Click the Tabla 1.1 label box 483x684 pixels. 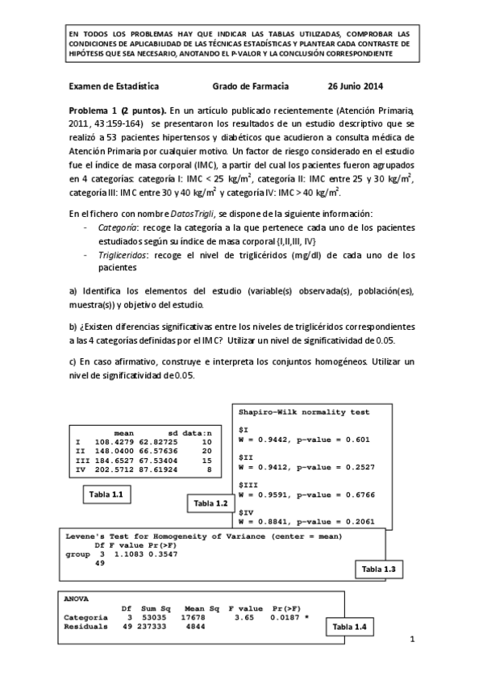click(106, 494)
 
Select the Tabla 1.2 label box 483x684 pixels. click(208, 503)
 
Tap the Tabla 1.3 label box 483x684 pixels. click(378, 569)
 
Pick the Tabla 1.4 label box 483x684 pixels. click(349, 626)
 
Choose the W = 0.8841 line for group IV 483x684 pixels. click(306, 522)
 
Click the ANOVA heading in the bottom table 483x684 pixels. click(77, 599)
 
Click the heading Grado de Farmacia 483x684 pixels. click(250, 85)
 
